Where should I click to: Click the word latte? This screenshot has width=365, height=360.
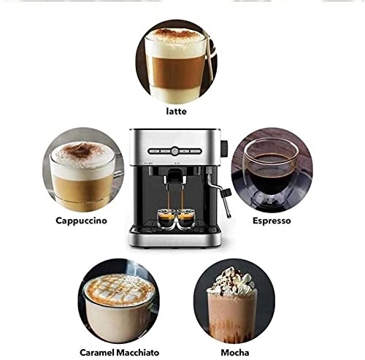176,111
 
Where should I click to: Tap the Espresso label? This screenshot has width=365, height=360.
272,219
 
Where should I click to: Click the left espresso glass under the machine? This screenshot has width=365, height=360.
166,217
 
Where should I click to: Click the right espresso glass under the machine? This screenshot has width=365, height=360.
185,217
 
